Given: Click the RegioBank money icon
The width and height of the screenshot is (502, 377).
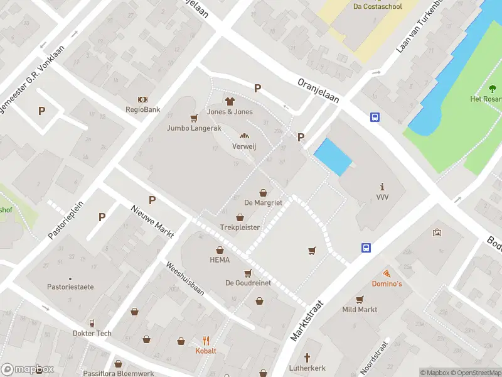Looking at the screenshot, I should [143, 99].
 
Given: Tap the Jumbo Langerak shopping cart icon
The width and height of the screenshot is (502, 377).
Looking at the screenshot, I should [194, 117].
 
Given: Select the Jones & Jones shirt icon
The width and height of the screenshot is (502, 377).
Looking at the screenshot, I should [230, 101].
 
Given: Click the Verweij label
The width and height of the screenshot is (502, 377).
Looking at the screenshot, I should [244, 146].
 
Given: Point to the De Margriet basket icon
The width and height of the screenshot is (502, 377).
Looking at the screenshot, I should [264, 193].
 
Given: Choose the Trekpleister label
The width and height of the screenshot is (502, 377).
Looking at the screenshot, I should [240, 227].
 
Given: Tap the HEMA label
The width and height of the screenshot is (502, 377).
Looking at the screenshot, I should [220, 260].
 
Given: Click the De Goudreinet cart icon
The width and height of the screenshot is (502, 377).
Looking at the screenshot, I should [248, 273].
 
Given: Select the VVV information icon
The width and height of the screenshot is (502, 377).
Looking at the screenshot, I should [382, 187].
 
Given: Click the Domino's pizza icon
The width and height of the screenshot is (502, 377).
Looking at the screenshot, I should [387, 273].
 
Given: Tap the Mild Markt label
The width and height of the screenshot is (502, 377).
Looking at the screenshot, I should [360, 310].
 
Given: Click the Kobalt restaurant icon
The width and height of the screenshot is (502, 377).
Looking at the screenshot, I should [205, 341].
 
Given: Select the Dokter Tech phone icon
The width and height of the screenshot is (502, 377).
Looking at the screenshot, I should [92, 323].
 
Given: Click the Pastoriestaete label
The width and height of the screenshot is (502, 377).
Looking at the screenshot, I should [70, 287].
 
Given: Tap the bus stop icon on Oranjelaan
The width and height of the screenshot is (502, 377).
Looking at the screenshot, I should [375, 117].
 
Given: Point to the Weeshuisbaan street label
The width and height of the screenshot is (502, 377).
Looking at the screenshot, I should [184, 279].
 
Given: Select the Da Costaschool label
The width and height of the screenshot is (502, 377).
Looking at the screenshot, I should [377, 6].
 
